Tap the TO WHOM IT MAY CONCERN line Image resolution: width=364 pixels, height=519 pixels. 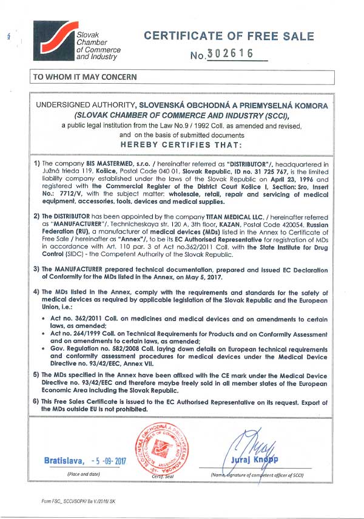point(85,77)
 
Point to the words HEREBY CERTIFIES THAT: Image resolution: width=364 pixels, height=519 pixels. point(181,145)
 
